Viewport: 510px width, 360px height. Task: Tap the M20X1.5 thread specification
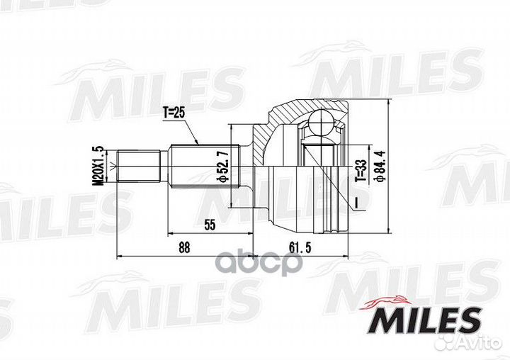(98, 165)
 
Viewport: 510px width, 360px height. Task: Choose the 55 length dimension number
(210, 225)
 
